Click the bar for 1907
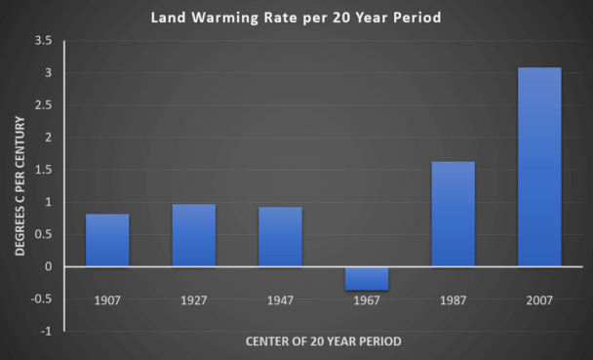(107, 240)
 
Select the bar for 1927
(193, 235)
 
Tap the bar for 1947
(280, 236)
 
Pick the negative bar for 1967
(367, 278)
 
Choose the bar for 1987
(453, 214)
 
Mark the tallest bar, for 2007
(539, 167)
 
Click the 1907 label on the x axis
(107, 299)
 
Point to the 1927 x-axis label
(193, 299)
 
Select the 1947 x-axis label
(280, 299)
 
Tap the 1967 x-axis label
(367, 299)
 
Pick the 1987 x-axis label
(453, 299)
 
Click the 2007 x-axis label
(539, 299)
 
